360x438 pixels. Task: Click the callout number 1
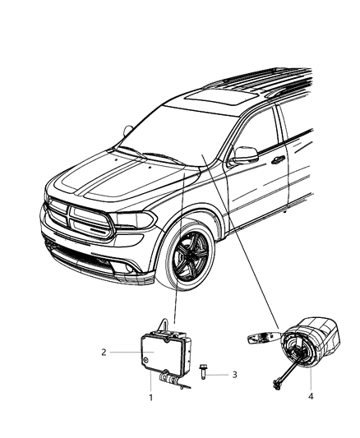pyautogui.click(x=150, y=397)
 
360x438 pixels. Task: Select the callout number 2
pyautogui.click(x=104, y=352)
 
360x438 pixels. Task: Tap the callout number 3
pyautogui.click(x=234, y=374)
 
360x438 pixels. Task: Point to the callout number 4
pyautogui.click(x=311, y=396)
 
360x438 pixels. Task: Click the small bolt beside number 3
pyautogui.click(x=202, y=371)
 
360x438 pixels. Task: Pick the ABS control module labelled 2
pyautogui.click(x=165, y=352)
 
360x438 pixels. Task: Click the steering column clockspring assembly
pyautogui.click(x=311, y=346)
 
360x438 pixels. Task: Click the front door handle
pyautogui.click(x=278, y=159)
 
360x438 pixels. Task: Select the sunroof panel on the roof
pyautogui.click(x=221, y=98)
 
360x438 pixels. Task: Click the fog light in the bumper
pyautogui.click(x=129, y=268)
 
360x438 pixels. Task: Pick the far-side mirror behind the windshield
pyautogui.click(x=128, y=131)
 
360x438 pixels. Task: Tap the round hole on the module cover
pyautogui.click(x=145, y=361)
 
